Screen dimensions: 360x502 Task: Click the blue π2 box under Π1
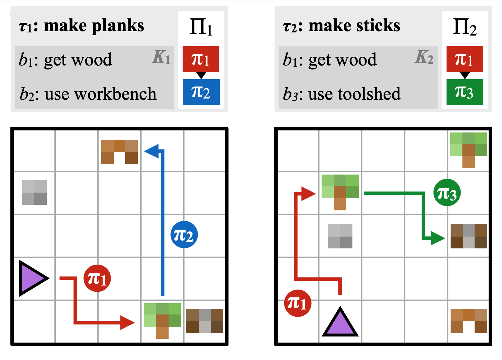pos(201,92)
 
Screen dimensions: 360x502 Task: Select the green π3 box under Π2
pos(465,92)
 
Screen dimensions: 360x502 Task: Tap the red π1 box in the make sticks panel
pos(465,59)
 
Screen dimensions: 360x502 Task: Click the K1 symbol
pos(161,57)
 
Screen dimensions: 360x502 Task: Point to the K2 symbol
pos(424,57)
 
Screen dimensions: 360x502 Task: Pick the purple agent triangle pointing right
pos(33,278)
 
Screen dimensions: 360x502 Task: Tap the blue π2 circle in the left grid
pos(184,235)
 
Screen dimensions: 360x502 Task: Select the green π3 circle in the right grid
pos(447,193)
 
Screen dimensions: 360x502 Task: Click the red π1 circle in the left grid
pos(97,278)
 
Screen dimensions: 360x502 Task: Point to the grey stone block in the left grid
pos(34,192)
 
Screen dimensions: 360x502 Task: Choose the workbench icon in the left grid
pos(119,151)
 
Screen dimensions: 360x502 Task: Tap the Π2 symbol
pos(465,27)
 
